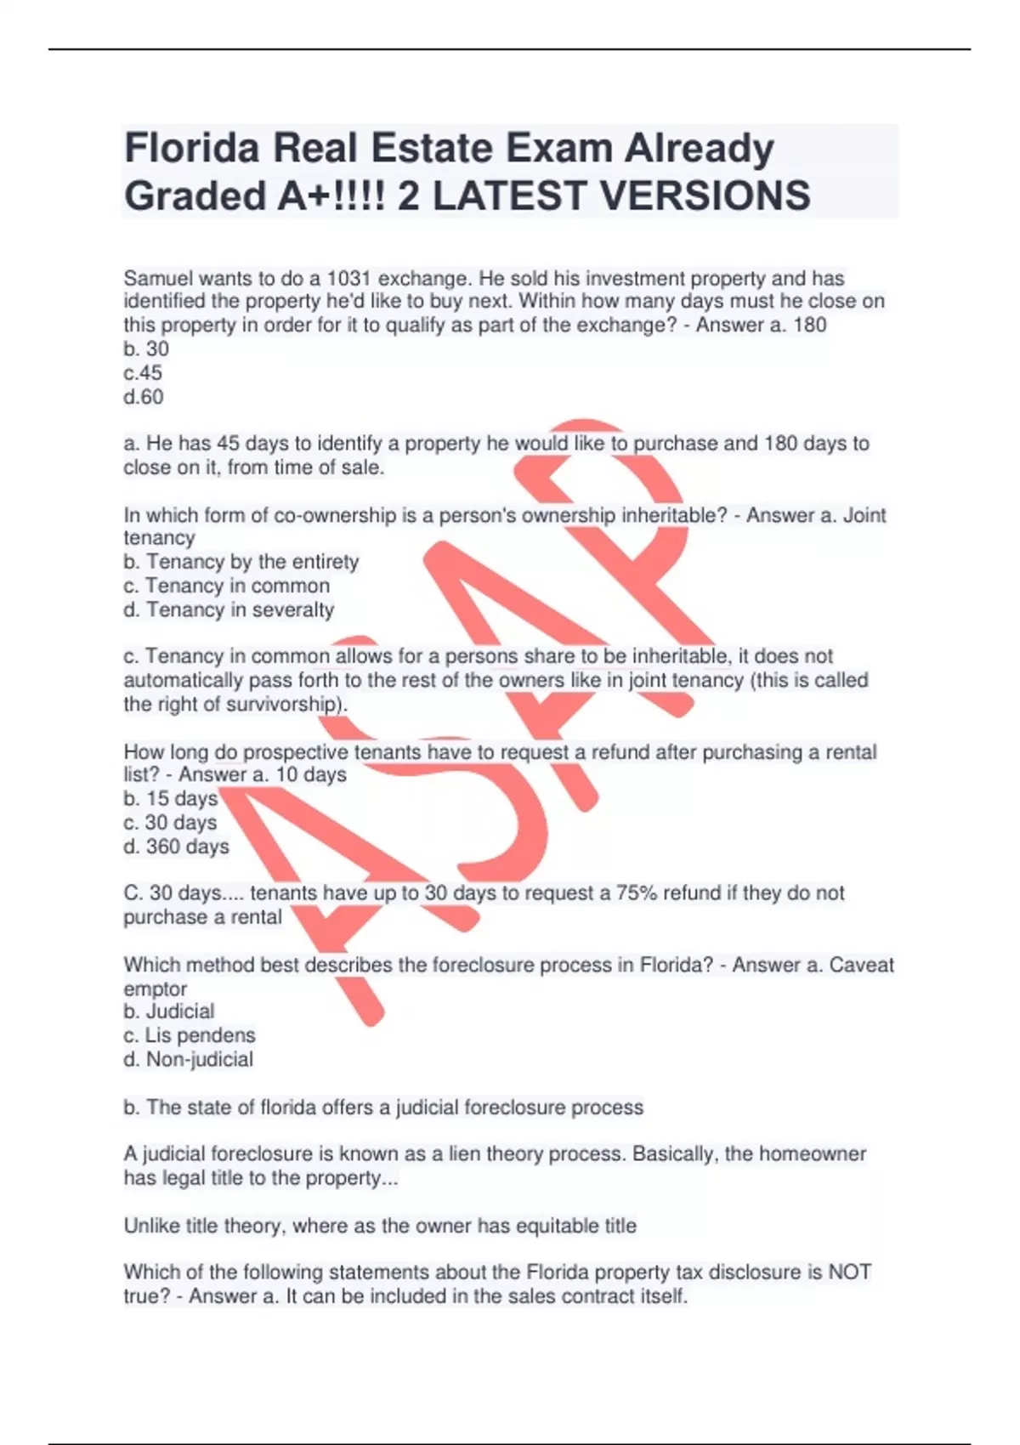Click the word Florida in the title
coord(191,149)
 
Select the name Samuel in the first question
coord(158,279)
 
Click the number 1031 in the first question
coord(348,279)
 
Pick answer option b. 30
coord(146,349)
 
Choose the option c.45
coord(143,373)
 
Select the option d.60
coord(144,397)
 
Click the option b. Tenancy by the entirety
coord(241,562)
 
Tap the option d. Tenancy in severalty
coord(229,610)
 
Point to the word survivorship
coord(281,705)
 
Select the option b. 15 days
coord(171,799)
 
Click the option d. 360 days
coord(176,847)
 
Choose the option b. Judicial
coord(169,1011)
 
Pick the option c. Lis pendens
coord(190,1035)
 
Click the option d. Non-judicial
coord(189,1060)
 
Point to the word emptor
coord(155,989)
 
